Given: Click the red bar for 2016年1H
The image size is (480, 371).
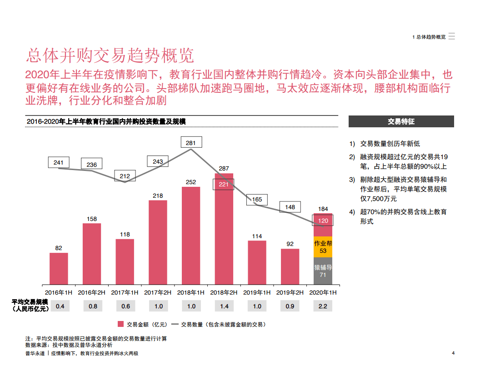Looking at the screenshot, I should [x=59, y=269].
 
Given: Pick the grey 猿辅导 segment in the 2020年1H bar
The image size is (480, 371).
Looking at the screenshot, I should [x=323, y=271].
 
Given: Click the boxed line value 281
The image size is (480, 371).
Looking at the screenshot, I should [x=191, y=143].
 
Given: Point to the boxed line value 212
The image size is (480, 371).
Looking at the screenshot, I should [x=125, y=176].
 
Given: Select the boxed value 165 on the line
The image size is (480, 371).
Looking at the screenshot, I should [x=257, y=200].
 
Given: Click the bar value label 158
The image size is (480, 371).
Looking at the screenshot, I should [x=92, y=219].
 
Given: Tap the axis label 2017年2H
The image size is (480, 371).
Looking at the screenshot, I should [x=158, y=292].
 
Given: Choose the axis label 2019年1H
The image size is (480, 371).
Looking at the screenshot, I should [x=257, y=292].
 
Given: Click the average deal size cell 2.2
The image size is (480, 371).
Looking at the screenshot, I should [x=323, y=306].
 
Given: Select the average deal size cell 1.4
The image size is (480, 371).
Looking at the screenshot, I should [x=224, y=306].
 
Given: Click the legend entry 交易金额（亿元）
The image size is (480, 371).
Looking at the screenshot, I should [x=143, y=324].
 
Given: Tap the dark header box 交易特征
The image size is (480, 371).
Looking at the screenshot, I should [x=401, y=121].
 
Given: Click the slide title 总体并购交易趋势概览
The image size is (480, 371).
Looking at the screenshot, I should [x=110, y=55].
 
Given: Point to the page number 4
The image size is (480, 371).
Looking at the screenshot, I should [x=453, y=353].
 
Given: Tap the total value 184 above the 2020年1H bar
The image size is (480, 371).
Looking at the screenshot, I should [x=323, y=209].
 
